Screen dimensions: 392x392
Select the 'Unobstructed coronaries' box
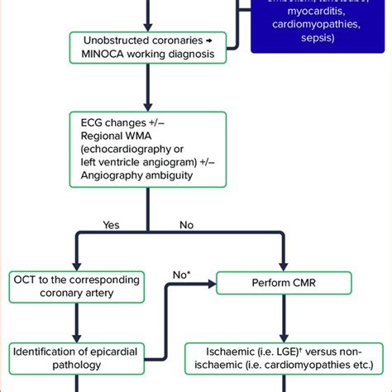148,47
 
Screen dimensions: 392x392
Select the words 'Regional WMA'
113,139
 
